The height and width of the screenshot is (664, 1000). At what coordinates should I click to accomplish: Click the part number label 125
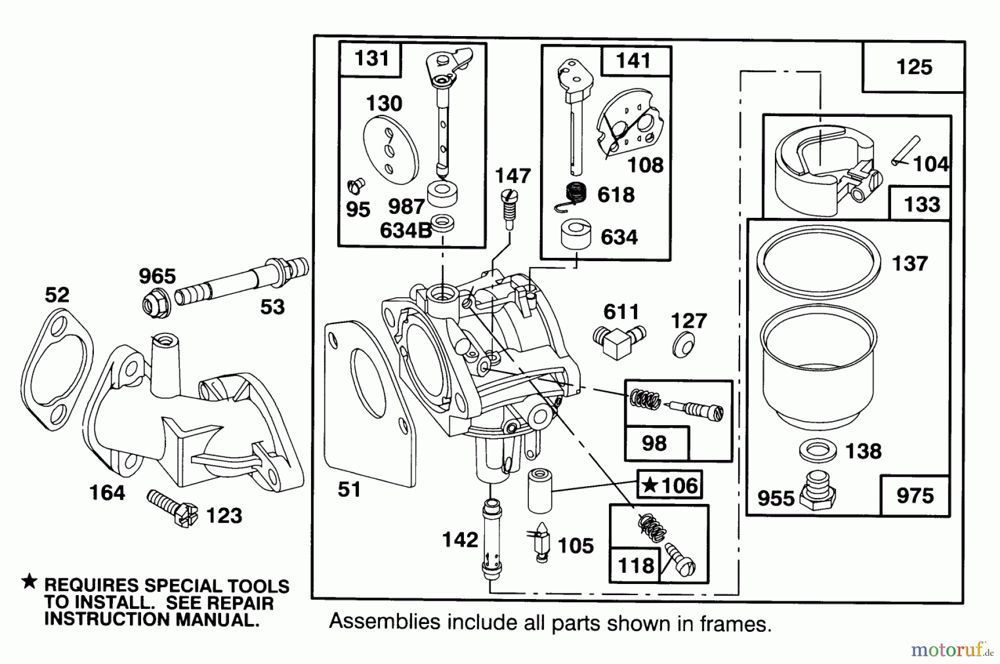click(x=914, y=67)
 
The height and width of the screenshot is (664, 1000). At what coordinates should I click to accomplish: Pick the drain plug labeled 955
click(x=818, y=490)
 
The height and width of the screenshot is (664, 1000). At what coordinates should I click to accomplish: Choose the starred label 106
click(x=670, y=485)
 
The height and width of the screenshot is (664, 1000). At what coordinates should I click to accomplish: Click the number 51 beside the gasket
click(x=349, y=490)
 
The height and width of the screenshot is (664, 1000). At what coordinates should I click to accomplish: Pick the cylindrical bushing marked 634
click(x=576, y=236)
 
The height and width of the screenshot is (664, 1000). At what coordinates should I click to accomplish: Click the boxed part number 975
click(x=915, y=495)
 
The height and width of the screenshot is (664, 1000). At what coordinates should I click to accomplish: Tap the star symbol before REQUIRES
click(x=29, y=582)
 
